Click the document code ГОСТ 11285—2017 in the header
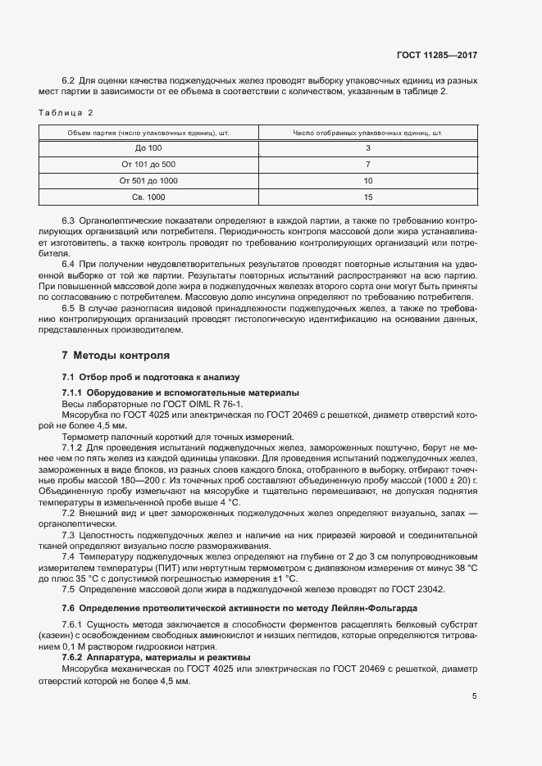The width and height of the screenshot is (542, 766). (438, 55)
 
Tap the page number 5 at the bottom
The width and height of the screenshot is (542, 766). (475, 697)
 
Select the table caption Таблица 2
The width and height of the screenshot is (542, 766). (66, 112)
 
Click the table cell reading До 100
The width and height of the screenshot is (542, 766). (148, 148)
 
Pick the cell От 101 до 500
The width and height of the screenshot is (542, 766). (148, 165)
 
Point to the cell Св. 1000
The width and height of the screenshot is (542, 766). (148, 197)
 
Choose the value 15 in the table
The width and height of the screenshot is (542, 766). (367, 197)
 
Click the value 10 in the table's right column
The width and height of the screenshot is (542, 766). (367, 181)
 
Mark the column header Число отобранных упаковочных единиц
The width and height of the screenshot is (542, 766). (367, 132)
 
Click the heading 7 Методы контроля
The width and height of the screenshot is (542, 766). (116, 356)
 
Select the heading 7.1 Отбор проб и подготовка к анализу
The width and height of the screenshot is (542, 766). (150, 377)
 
